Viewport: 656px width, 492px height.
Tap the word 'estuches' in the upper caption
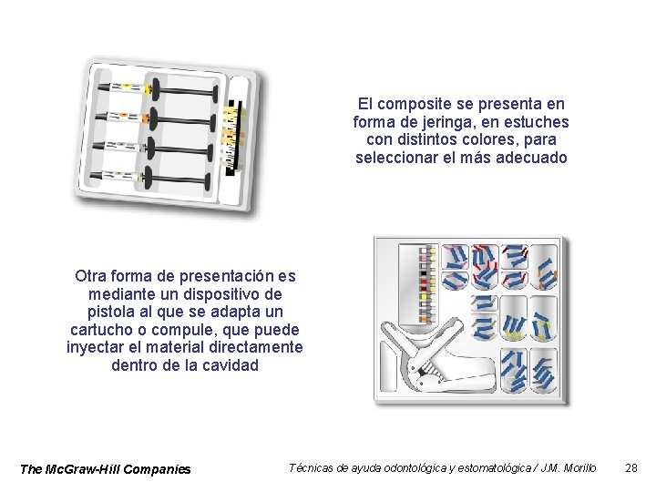539,122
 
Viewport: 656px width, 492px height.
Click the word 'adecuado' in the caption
536,158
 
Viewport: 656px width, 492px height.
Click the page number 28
631,467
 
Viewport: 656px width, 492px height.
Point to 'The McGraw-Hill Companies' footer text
106,469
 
